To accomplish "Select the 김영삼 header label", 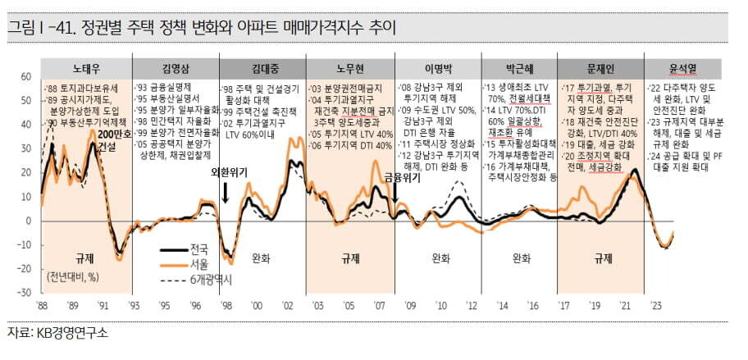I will [x=175, y=67].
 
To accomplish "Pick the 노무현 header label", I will [x=348, y=67].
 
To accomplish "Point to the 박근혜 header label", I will [x=519, y=67].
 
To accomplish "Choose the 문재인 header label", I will [x=602, y=67].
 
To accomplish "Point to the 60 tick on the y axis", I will [x=25, y=77].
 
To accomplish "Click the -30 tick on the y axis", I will [x=24, y=292].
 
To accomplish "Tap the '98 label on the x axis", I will [x=226, y=304].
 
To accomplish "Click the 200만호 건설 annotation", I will [x=111, y=141].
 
